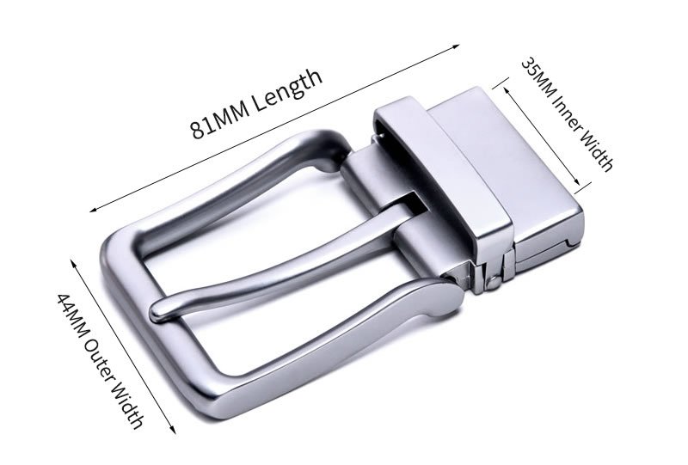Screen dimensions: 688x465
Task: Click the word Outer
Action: click(x=101, y=361)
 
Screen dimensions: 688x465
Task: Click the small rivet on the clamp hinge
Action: click(x=493, y=283)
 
